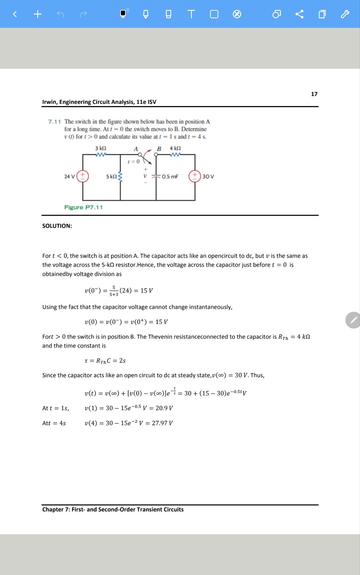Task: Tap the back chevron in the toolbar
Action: coord(14,14)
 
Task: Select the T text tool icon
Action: coord(192,14)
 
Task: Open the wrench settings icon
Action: coord(345,14)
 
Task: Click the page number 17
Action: coord(314,94)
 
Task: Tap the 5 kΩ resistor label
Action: coord(111,176)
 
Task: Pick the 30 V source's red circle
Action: coord(195,176)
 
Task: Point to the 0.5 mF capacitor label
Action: coord(171,176)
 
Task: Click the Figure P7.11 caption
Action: coord(84,207)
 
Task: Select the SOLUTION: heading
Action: coord(57,226)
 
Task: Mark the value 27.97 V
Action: coord(163,423)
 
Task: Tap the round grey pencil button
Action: coord(353,320)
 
